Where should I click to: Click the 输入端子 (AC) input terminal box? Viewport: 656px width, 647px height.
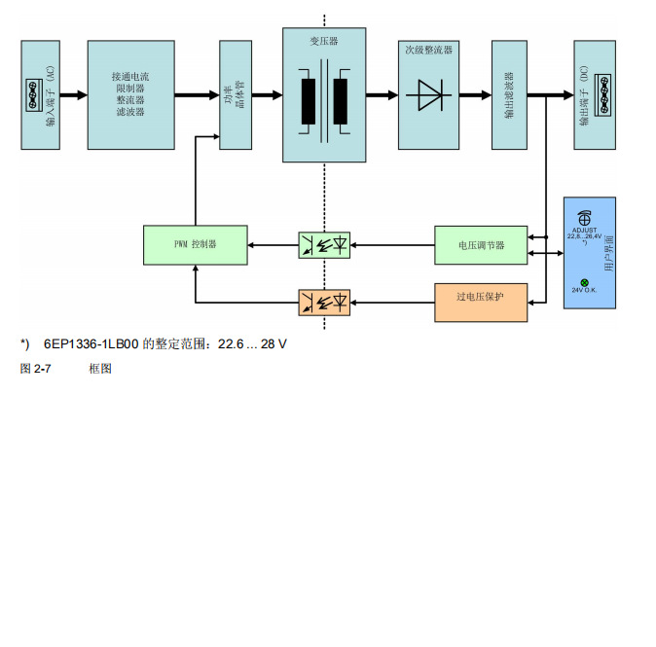pos(41,94)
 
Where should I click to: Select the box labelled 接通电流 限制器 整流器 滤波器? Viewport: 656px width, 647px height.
pos(130,94)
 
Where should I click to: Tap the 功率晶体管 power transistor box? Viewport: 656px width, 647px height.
pos(235,94)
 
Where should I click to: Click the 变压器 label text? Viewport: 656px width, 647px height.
pos(324,42)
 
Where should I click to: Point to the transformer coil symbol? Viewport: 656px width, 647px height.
pos(324,97)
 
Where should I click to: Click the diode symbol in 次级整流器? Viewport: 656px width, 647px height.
pos(429,95)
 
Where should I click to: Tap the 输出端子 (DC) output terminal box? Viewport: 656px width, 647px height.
pos(595,94)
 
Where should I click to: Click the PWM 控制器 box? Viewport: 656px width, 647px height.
pos(195,244)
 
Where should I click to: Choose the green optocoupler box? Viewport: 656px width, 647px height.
pos(324,244)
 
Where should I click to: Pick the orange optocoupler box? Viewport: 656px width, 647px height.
pos(324,302)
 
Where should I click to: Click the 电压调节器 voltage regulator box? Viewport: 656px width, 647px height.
pos(481,245)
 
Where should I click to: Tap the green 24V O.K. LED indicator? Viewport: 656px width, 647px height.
pos(584,282)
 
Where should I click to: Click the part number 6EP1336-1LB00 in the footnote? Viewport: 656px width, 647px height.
pos(92,344)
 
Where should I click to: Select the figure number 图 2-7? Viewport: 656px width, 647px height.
pos(36,369)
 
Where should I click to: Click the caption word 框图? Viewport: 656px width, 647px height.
pos(99,369)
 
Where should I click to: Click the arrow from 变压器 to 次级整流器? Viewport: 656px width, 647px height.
pos(383,95)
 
